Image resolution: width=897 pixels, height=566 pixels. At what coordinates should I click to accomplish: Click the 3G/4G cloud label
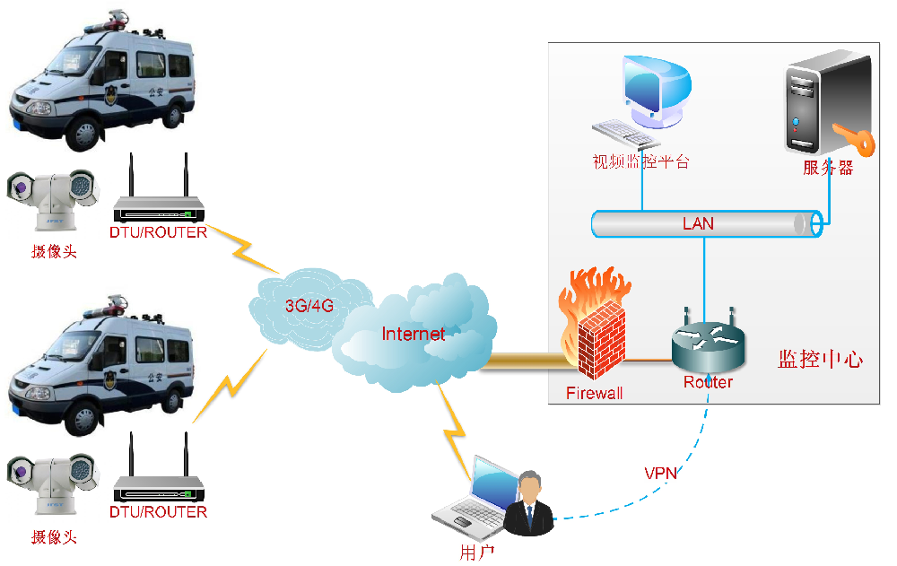pos(309,305)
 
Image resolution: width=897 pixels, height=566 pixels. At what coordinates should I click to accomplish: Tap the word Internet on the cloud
pos(413,335)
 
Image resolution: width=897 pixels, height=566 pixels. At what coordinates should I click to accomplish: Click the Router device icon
pos(708,345)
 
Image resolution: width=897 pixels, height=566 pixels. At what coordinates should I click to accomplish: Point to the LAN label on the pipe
pos(698,223)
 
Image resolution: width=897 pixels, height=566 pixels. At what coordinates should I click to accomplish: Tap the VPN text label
pos(660,473)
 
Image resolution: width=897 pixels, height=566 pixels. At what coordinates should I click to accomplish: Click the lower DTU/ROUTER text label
pos(159,512)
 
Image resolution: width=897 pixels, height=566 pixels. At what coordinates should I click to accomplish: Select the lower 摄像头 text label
pos(54,537)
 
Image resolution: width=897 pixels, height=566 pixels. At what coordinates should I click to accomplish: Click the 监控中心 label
pos(820,360)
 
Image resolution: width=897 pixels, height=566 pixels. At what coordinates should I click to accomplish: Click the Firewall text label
pos(594,393)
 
